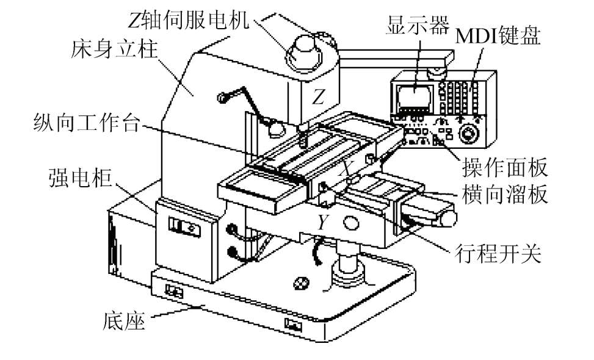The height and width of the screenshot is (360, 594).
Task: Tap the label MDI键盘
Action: tap(498, 36)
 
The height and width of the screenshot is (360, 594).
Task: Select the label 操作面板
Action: tap(506, 167)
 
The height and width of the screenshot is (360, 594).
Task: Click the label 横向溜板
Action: tap(506, 195)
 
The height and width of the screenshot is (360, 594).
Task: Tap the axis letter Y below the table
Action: tap(322, 223)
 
